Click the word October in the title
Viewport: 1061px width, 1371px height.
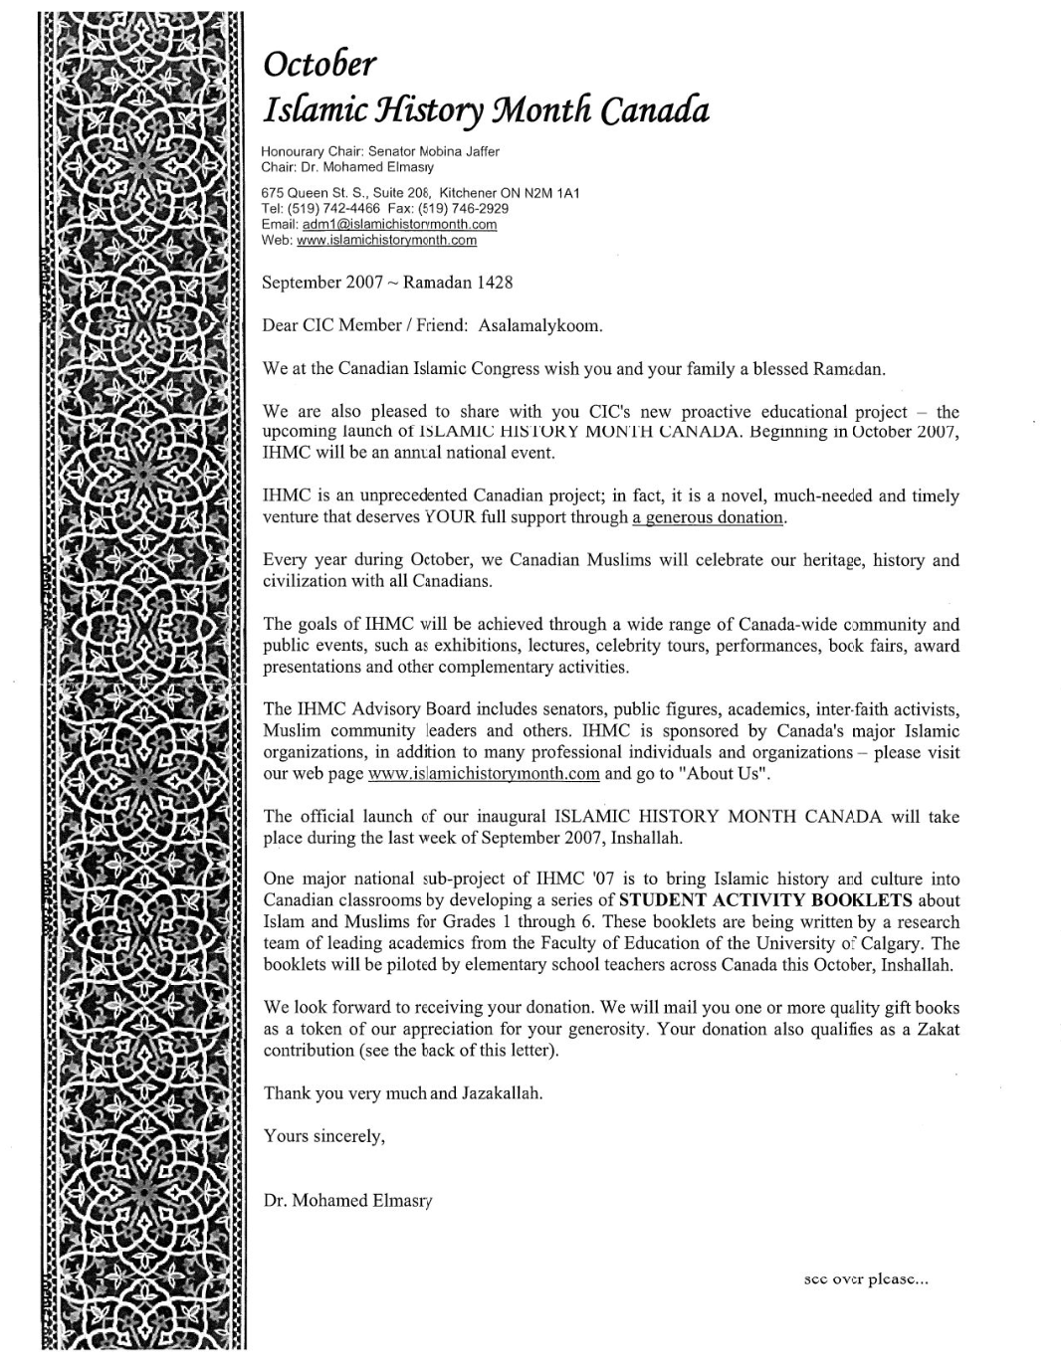pyautogui.click(x=319, y=64)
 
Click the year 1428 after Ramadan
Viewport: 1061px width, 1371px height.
pyautogui.click(x=495, y=283)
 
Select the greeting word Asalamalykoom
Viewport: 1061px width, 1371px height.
pyautogui.click(x=540, y=325)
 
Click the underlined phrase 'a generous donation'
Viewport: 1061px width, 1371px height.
pyautogui.click(x=709, y=517)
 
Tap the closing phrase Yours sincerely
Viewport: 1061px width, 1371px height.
pyautogui.click(x=323, y=1136)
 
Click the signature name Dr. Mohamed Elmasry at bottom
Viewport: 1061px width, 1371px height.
pyautogui.click(x=347, y=1201)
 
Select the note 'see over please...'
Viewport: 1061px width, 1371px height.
pyautogui.click(x=865, y=1281)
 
